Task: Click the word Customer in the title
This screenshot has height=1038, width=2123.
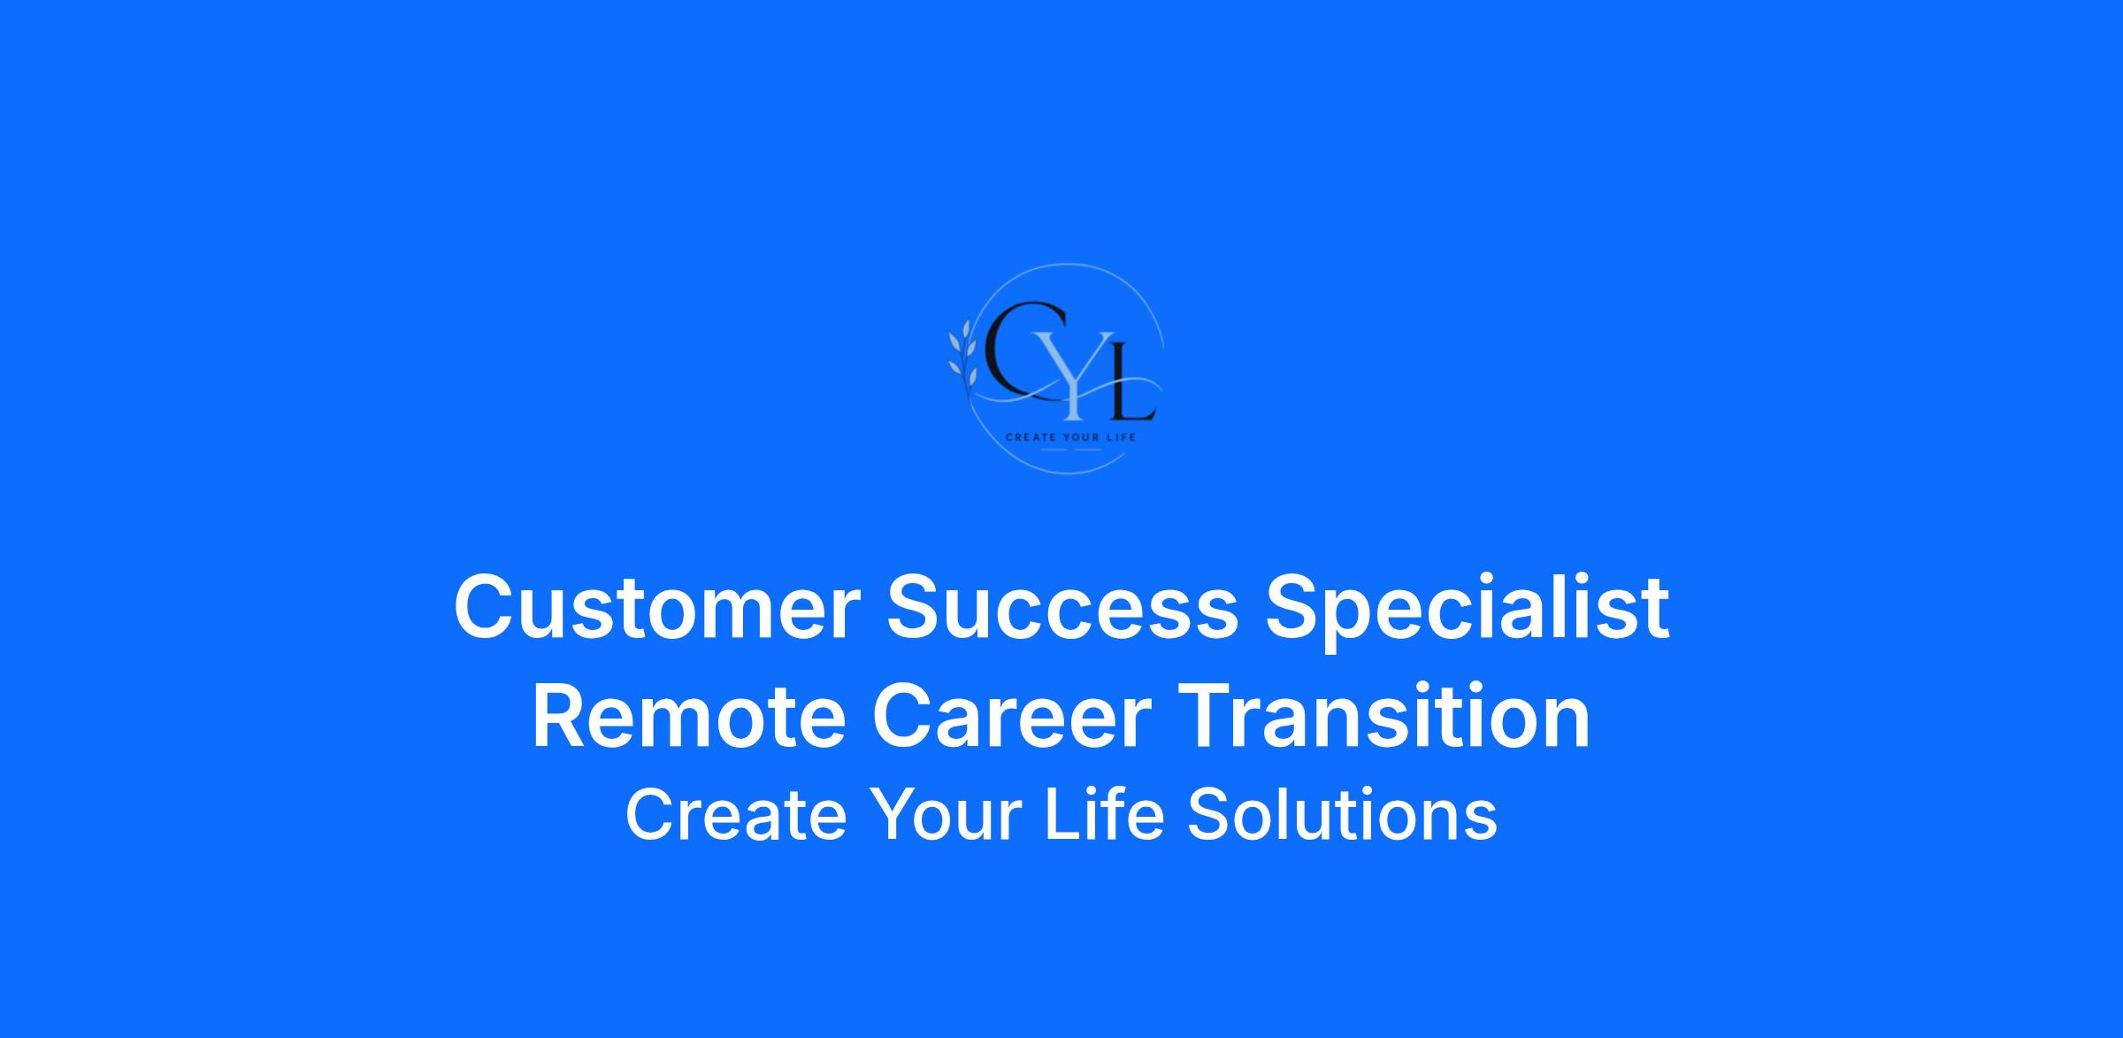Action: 657,607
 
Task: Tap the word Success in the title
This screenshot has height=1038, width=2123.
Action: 1063,607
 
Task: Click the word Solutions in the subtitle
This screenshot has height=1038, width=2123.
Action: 1342,813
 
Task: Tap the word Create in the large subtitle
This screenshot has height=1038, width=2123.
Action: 736,814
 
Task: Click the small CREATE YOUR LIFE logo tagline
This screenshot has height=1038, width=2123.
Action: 1069,437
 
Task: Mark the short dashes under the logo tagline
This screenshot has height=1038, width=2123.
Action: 1069,450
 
